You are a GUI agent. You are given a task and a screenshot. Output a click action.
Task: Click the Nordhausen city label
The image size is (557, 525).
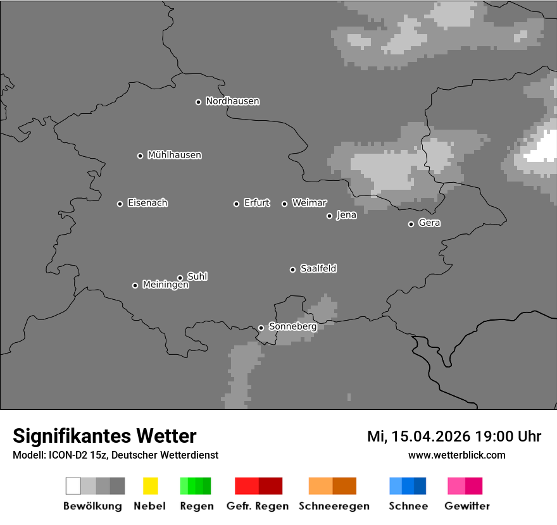pyautogui.click(x=232, y=101)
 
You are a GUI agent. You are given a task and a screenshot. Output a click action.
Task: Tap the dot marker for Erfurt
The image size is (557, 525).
pyautogui.click(x=236, y=204)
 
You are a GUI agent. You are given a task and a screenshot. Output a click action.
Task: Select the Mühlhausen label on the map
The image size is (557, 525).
pyautogui.click(x=174, y=155)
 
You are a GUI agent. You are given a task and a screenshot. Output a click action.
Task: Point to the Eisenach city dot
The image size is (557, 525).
pyautogui.click(x=120, y=204)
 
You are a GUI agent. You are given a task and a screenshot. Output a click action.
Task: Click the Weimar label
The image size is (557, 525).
pyautogui.click(x=309, y=203)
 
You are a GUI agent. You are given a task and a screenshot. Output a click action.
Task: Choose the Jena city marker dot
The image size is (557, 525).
pyautogui.click(x=329, y=216)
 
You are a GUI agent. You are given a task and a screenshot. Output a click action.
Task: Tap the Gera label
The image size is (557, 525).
pyautogui.click(x=429, y=223)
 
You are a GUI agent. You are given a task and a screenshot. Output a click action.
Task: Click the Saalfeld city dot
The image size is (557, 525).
pyautogui.click(x=292, y=270)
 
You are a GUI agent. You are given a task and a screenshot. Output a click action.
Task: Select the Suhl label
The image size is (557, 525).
pyautogui.click(x=197, y=276)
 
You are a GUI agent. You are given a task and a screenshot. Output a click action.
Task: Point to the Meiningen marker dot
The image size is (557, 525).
pyautogui.click(x=135, y=285)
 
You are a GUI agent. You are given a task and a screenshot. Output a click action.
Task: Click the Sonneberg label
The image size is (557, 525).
pyautogui.click(x=292, y=327)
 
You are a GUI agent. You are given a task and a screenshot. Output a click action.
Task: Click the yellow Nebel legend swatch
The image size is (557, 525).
pyautogui.click(x=150, y=486)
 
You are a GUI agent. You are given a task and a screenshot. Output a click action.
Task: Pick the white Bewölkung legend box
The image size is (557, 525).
pyautogui.click(x=73, y=486)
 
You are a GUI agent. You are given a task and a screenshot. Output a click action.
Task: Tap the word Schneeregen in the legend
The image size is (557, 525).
pyautogui.click(x=334, y=506)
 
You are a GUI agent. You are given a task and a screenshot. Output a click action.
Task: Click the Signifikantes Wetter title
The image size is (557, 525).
pyautogui.click(x=104, y=436)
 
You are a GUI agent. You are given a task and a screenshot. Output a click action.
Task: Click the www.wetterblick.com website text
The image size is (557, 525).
pyautogui.click(x=456, y=455)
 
